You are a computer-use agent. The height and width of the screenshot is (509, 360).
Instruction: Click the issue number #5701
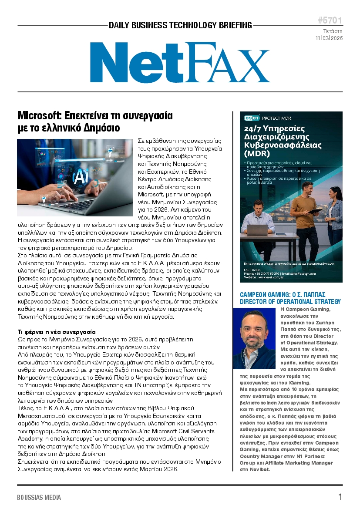pyautogui.click(x=330, y=20)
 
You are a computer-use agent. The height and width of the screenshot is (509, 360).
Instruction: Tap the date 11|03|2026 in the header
pyautogui.click(x=329, y=38)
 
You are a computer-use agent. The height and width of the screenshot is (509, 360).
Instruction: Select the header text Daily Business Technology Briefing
pyautogui.click(x=180, y=25)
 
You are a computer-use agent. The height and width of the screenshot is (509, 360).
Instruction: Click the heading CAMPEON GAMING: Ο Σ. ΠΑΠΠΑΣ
pyautogui.click(x=283, y=295)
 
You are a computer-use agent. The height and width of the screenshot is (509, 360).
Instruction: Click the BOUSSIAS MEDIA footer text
pyautogui.click(x=39, y=497)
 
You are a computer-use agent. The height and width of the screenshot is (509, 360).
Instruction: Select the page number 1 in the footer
pyautogui.click(x=340, y=497)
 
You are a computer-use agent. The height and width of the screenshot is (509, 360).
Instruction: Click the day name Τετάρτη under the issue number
pyautogui.click(x=333, y=31)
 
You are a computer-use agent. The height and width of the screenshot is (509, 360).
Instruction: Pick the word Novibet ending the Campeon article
pyautogui.click(x=260, y=469)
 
